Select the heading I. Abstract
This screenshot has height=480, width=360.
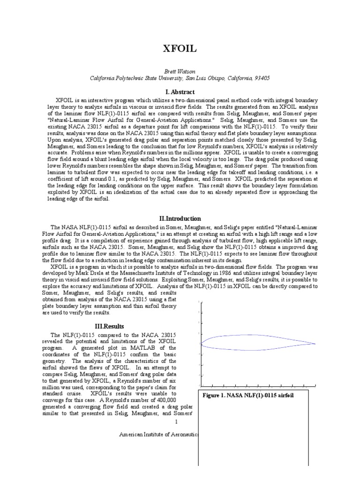(x=180, y=92)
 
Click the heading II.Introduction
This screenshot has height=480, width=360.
(x=180, y=218)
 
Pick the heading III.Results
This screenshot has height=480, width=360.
(x=110, y=325)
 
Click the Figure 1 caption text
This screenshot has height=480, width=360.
(x=248, y=396)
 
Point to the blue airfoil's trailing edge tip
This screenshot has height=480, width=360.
(x=315, y=344)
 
